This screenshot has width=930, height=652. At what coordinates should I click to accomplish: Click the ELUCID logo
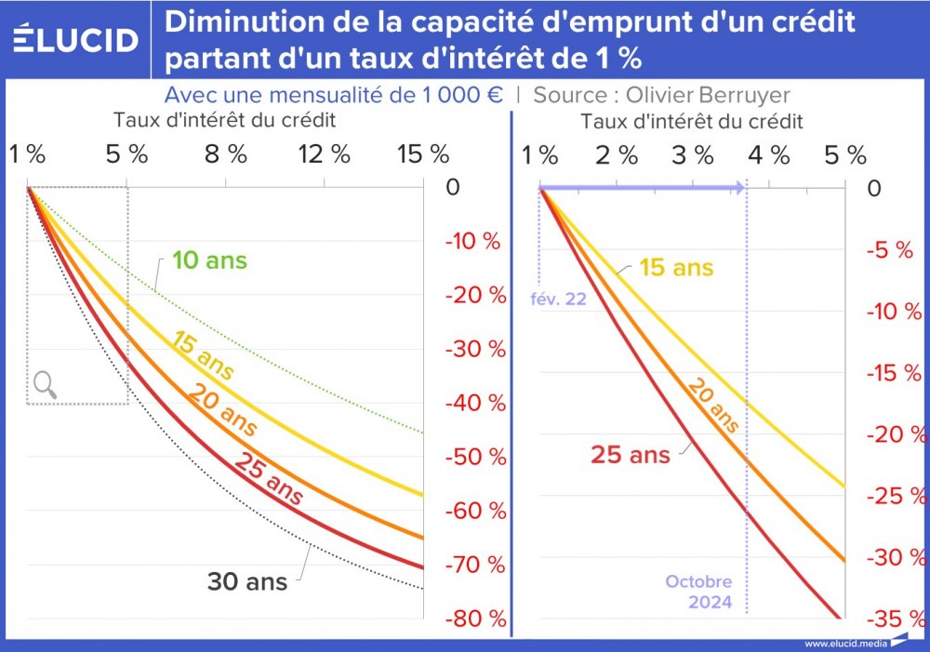[x=76, y=39]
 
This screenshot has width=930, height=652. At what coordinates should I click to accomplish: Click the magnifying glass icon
[x=45, y=384]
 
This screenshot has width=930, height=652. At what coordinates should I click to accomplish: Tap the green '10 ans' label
[x=210, y=259]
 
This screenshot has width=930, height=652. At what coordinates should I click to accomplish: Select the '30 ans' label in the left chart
[x=247, y=582]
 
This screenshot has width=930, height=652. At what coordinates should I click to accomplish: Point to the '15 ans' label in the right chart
[x=676, y=268]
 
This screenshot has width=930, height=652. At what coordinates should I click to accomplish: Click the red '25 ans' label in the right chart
[x=631, y=455]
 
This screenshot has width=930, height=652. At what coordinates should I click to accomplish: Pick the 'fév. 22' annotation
[x=558, y=299]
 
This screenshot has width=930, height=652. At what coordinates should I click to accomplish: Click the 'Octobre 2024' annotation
[x=698, y=592]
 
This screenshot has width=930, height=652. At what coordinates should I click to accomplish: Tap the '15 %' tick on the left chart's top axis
[x=423, y=154]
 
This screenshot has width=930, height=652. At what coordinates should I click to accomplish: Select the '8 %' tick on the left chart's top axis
[x=226, y=154]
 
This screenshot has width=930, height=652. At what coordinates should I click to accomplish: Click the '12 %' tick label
[x=325, y=154]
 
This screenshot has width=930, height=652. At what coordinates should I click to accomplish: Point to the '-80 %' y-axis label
[x=475, y=619]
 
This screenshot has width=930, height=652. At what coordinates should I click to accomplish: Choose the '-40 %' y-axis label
[x=475, y=403]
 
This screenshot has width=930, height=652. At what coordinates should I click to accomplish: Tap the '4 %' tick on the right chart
[x=768, y=154]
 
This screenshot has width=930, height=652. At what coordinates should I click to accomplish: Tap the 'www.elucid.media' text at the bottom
[x=843, y=643]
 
